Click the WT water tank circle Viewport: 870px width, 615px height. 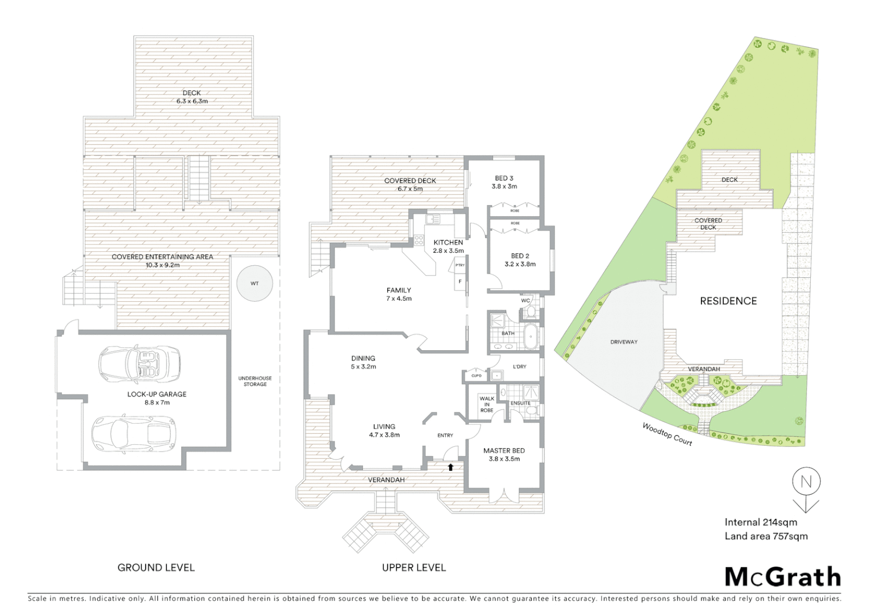click(255, 283)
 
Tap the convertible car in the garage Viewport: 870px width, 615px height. click(139, 364)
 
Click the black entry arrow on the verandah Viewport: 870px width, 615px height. click(450, 467)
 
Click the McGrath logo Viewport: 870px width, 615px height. click(782, 577)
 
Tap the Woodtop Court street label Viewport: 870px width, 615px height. click(667, 434)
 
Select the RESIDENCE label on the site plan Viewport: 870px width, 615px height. click(728, 301)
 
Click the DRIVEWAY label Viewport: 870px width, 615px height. click(624, 342)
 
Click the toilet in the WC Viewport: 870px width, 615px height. click(530, 311)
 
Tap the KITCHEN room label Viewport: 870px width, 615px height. click(448, 243)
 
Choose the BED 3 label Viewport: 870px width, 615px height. click(504, 178)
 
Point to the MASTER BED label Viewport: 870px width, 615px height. click(504, 450)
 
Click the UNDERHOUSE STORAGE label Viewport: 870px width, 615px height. click(255, 381)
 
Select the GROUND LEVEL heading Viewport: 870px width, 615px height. click(156, 567)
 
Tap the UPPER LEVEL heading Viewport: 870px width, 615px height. click(414, 567)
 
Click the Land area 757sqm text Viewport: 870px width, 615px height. click(766, 536)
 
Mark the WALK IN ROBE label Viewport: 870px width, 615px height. click(487, 404)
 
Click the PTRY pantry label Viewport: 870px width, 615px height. click(459, 265)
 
